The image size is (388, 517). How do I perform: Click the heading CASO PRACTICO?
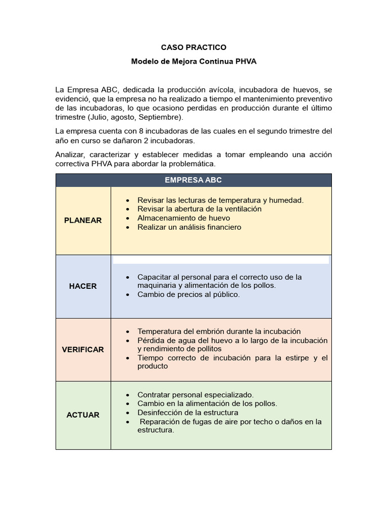tap(193, 47)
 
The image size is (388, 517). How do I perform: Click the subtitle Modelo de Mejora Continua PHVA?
tap(193, 61)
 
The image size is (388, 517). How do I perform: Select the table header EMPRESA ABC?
tap(193, 180)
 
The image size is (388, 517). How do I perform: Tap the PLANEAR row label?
tap(83, 220)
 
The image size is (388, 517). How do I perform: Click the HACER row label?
tap(83, 286)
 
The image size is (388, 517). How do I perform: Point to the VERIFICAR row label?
tap(83, 349)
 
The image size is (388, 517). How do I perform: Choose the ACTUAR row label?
tap(83, 415)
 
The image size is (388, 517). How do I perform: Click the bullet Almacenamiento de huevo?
tap(183, 218)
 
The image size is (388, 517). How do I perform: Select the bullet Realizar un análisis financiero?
tap(189, 227)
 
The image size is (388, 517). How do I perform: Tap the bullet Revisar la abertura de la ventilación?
tap(199, 209)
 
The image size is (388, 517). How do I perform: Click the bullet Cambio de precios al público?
tap(188, 294)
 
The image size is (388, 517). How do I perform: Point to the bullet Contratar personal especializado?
tap(195, 394)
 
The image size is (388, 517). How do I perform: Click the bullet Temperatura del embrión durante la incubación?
tap(219, 331)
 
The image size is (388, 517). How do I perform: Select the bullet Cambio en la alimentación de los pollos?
tap(207, 403)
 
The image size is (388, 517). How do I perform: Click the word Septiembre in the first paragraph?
tap(160, 117)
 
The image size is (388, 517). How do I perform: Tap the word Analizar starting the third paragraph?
tap(70, 154)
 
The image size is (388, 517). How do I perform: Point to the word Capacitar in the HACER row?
tap(154, 277)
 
